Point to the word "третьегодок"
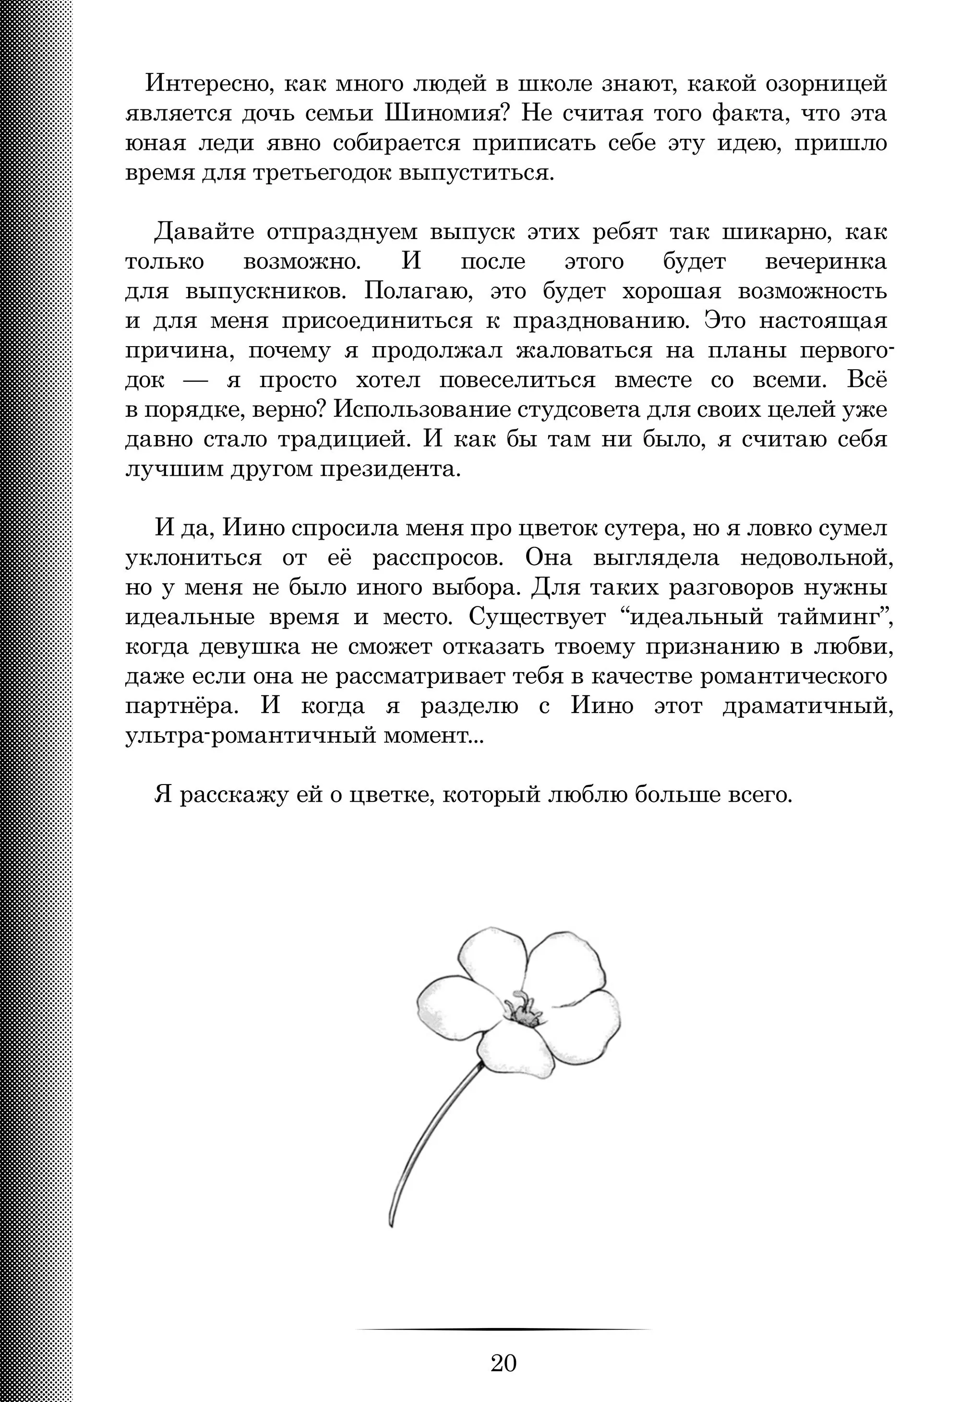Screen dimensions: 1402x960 (323, 173)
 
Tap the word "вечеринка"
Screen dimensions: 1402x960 (826, 262)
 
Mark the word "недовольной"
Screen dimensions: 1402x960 (816, 558)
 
